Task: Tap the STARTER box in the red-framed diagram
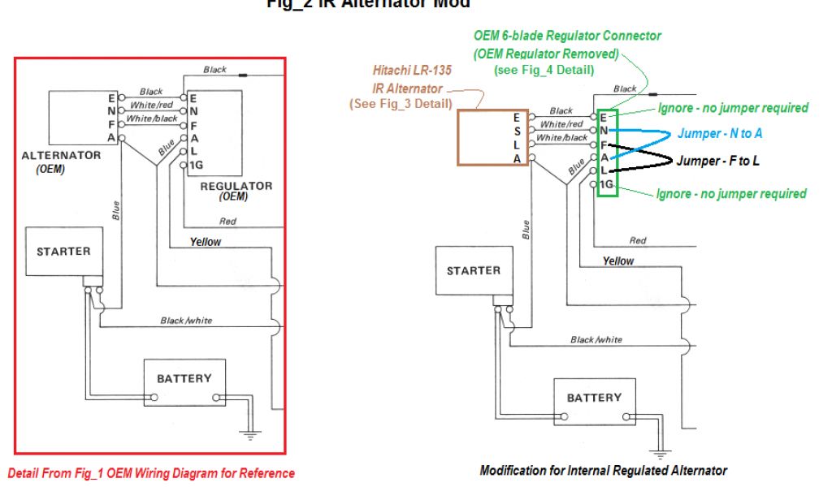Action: click(x=63, y=252)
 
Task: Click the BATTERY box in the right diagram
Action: click(x=593, y=398)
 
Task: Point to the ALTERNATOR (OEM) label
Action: click(x=62, y=161)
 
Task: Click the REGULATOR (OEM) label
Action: click(x=236, y=192)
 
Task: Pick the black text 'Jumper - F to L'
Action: click(x=717, y=161)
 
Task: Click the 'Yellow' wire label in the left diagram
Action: click(x=206, y=242)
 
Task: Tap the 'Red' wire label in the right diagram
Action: click(x=638, y=240)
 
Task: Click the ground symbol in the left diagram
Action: click(x=250, y=435)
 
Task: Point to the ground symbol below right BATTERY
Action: click(x=660, y=454)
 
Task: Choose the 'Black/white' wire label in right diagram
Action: click(x=596, y=340)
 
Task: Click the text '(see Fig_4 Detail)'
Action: click(x=544, y=71)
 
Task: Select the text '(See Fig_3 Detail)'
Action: click(x=401, y=104)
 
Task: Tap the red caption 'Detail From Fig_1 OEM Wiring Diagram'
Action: click(x=151, y=473)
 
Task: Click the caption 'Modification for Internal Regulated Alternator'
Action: click(x=603, y=471)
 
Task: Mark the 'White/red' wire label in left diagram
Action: click(x=152, y=106)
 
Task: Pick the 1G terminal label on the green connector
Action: click(x=606, y=187)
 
